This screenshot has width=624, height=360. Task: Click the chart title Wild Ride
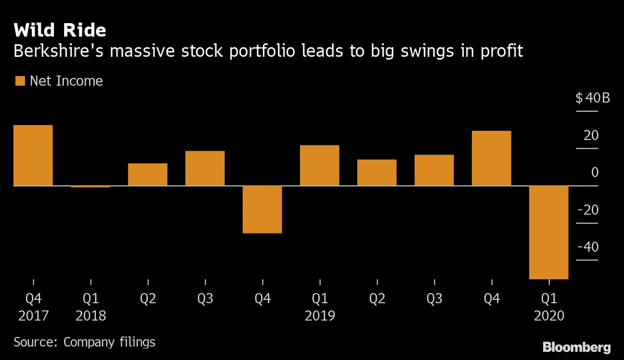pyautogui.click(x=60, y=30)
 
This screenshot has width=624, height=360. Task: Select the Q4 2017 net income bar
pyautogui.click(x=33, y=155)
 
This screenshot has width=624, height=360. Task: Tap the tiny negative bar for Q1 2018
pyautogui.click(x=91, y=186)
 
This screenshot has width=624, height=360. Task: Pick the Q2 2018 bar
pyautogui.click(x=148, y=174)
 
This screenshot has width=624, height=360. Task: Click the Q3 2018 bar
pyautogui.click(x=205, y=168)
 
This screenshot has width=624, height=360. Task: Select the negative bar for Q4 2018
pyautogui.click(x=262, y=209)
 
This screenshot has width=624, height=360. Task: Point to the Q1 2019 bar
pyautogui.click(x=320, y=165)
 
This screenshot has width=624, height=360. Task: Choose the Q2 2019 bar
pyautogui.click(x=377, y=172)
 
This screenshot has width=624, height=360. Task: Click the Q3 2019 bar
pyautogui.click(x=434, y=170)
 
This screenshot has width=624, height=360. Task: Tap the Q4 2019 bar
pyautogui.click(x=492, y=158)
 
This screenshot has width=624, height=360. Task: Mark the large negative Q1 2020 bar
pyautogui.click(x=549, y=232)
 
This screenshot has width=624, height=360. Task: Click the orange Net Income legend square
pyautogui.click(x=20, y=81)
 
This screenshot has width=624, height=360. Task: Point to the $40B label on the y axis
pyautogui.click(x=592, y=99)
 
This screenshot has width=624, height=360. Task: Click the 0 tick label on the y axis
pyautogui.click(x=595, y=172)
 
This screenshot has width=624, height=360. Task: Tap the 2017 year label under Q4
pyautogui.click(x=33, y=316)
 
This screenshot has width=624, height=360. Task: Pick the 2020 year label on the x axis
pyautogui.click(x=549, y=316)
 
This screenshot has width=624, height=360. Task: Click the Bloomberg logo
pyautogui.click(x=576, y=347)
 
